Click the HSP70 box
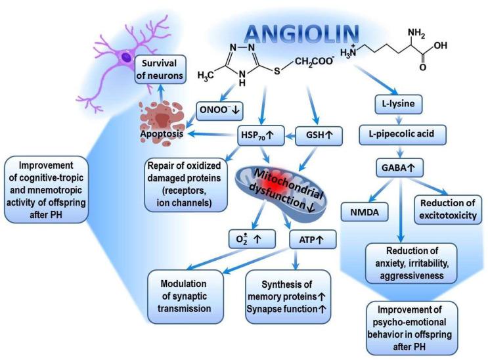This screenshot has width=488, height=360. click(259, 137)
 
